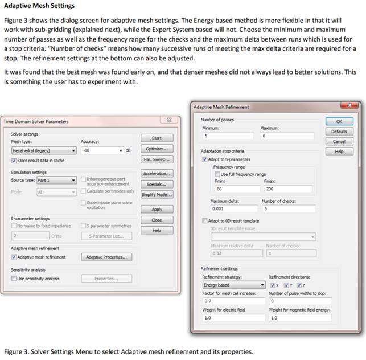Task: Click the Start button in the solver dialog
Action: coord(157,138)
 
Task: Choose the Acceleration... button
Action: coord(157,173)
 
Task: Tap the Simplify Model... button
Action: coord(157,194)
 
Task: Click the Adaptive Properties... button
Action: coord(106,257)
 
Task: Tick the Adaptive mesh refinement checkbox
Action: coord(14,257)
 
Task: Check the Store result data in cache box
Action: coord(14,161)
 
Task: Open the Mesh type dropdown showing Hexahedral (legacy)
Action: coord(43,151)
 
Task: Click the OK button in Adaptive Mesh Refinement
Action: coord(339,121)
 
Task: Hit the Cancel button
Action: coord(339,141)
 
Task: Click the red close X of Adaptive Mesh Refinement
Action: coord(348,105)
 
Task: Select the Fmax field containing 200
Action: coord(288,189)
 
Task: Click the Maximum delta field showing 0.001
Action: coord(233,208)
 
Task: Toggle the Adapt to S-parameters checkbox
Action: coord(205,159)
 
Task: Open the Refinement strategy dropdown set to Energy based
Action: coord(234,285)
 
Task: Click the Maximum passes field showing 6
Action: coord(287,136)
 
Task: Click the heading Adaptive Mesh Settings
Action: coord(39,6)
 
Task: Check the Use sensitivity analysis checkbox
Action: coord(14,279)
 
